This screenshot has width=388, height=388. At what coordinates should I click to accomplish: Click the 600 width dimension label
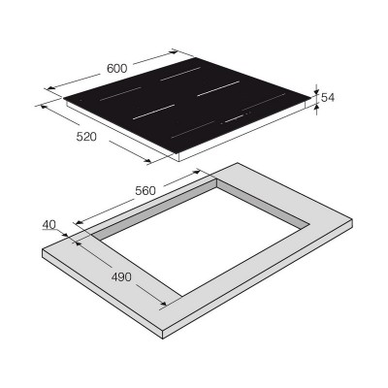pos(116,68)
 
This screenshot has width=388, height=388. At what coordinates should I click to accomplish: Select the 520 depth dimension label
pos(86,137)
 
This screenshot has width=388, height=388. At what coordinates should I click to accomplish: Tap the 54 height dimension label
pos(327,97)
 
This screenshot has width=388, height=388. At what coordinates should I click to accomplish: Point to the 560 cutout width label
pos(145,191)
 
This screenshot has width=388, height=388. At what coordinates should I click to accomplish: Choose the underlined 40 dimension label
pos(49,224)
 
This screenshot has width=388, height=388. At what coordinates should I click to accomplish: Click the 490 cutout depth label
pos(121,276)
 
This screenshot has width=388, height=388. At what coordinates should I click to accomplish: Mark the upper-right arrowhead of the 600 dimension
pos(175,51)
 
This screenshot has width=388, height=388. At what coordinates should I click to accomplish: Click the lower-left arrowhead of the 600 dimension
pos(50,88)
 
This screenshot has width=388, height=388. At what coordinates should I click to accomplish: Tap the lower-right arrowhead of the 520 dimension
pos(147,161)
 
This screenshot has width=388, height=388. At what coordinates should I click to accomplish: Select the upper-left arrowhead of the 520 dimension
pos(43,106)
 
